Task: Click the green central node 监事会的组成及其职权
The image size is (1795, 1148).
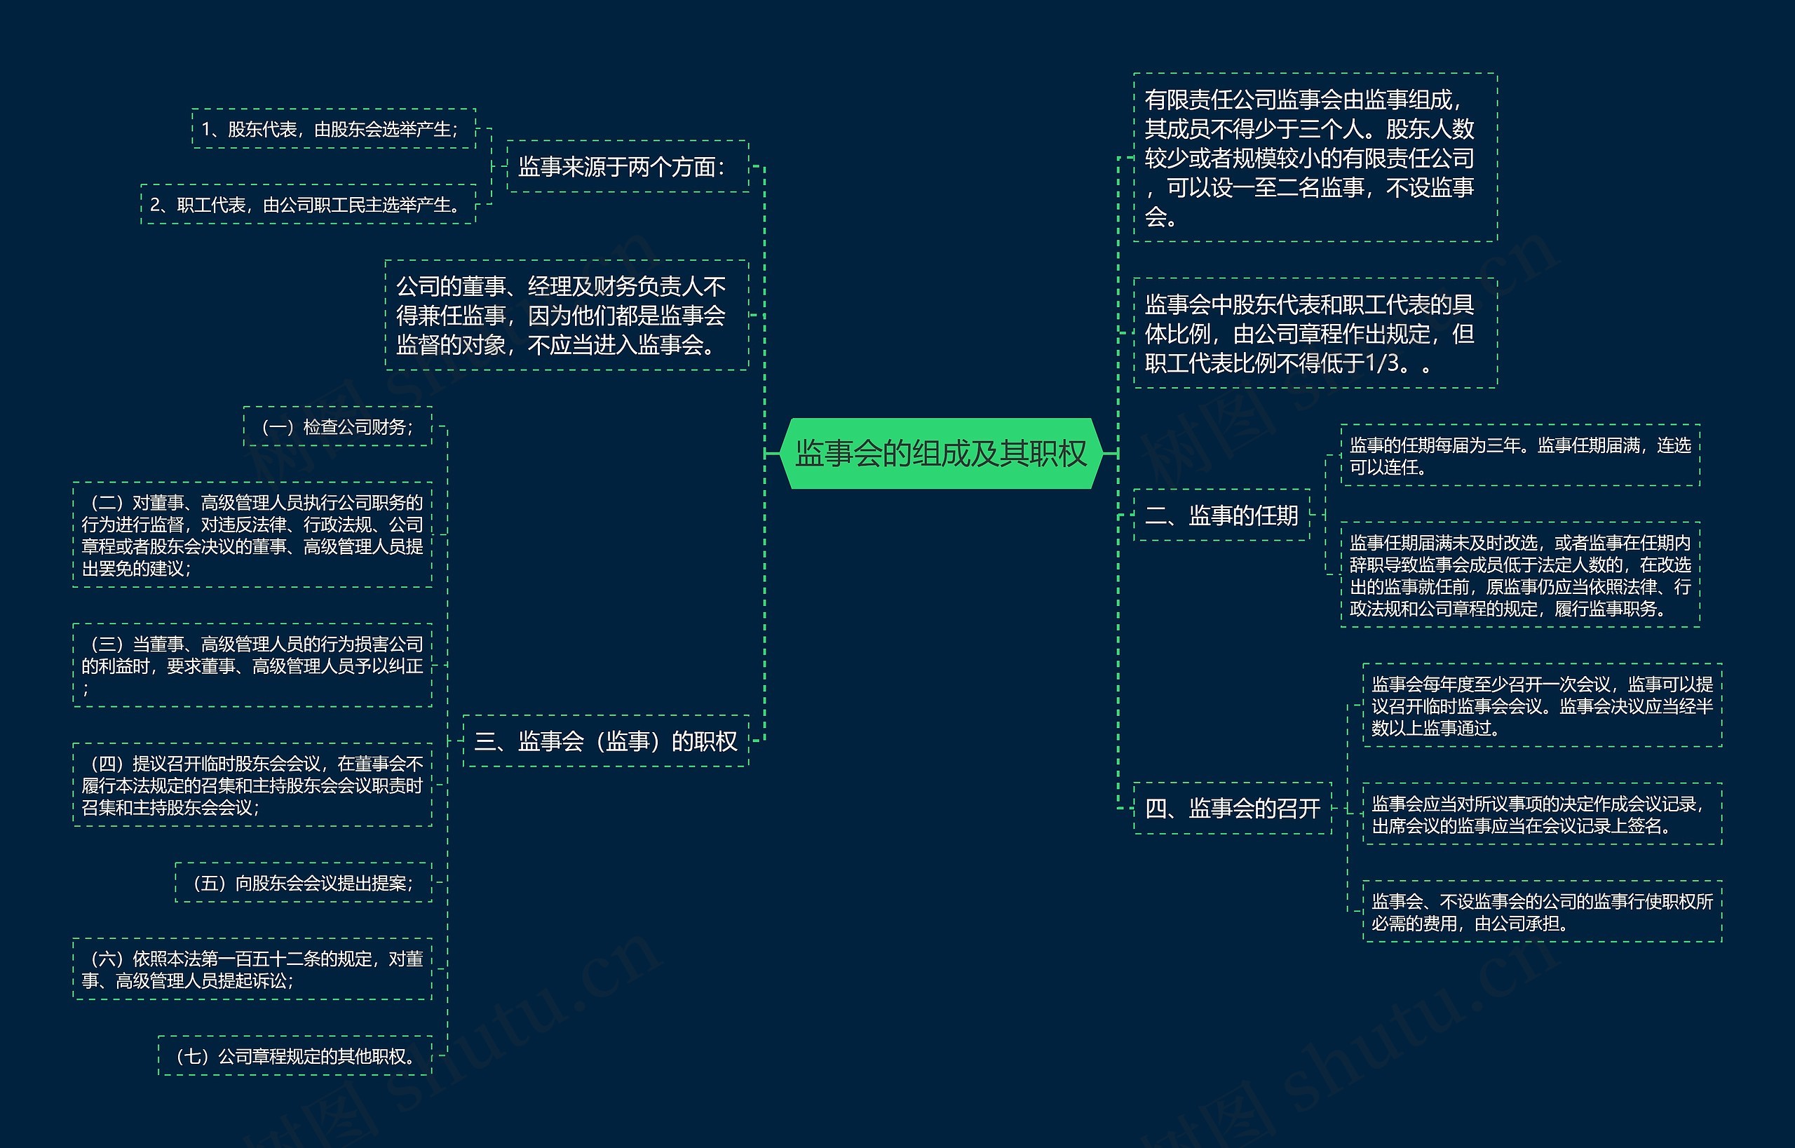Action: pos(941,453)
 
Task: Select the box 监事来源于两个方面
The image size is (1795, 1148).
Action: pos(627,166)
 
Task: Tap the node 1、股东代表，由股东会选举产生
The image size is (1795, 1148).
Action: pos(333,129)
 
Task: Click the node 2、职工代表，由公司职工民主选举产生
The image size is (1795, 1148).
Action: pos(308,204)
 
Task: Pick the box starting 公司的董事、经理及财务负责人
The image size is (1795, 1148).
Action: pos(567,316)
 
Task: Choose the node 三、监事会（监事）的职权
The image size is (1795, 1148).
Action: pos(605,741)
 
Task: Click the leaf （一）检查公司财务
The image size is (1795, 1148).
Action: pos(338,426)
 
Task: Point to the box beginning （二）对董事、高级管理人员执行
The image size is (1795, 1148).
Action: pos(252,535)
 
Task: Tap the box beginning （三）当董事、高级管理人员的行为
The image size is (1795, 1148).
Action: pos(252,665)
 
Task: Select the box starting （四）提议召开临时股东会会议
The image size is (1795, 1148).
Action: pos(252,785)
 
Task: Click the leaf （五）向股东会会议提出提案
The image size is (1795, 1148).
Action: pos(304,883)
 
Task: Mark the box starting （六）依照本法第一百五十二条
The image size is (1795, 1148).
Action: pos(252,969)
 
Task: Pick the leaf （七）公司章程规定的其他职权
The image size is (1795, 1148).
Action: pos(295,1055)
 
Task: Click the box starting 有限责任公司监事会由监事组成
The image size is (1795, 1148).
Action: pos(1315,157)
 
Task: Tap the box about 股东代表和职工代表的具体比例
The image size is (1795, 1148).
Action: pos(1315,333)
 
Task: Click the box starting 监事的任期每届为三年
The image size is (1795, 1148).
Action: pos(1520,455)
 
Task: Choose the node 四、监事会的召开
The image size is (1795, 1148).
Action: pos(1232,808)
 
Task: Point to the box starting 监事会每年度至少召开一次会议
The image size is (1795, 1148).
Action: pos(1542,705)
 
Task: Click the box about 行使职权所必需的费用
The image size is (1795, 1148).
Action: pos(1542,912)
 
